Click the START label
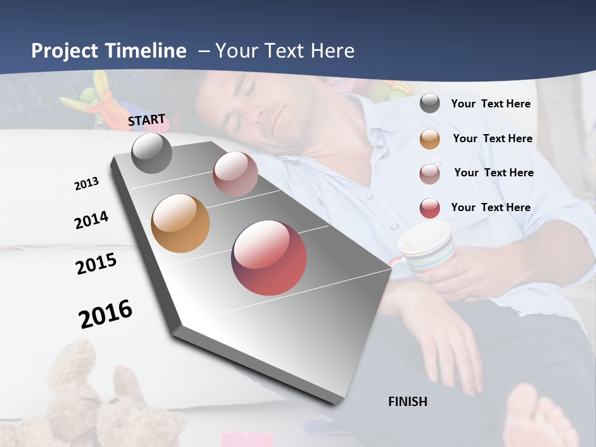[147, 120]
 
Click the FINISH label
[407, 402]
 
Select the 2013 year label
[87, 184]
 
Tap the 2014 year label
[91, 220]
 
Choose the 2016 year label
[106, 314]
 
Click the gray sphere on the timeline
[151, 153]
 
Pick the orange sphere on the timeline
[180, 223]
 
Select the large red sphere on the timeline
[269, 258]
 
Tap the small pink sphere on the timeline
[235, 174]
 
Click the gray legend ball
[430, 104]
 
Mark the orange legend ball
[430, 139]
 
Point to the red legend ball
[430, 208]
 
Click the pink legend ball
[430, 173]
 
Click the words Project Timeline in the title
[109, 51]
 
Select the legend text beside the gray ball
[490, 104]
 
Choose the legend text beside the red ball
[490, 207]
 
